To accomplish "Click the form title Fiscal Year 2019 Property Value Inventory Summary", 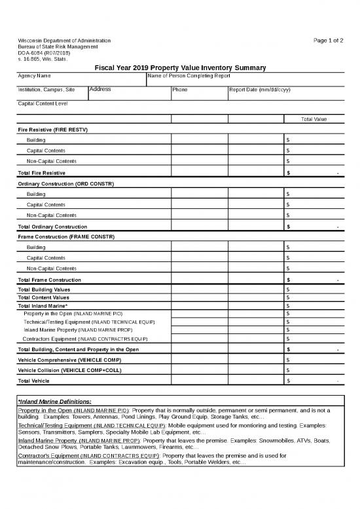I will [x=180, y=67].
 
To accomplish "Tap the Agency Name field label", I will [x=34, y=76].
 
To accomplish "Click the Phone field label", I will [x=179, y=90].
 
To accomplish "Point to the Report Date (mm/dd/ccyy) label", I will [x=261, y=90].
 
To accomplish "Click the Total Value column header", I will [x=314, y=119].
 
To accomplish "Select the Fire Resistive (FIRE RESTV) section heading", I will [x=52, y=130].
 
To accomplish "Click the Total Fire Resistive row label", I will [x=41, y=172].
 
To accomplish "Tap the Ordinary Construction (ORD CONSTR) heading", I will [x=65, y=183].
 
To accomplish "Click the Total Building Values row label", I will [x=43, y=290].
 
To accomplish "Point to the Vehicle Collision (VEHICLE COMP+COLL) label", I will [x=70, y=370].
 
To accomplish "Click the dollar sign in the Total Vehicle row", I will [x=289, y=381].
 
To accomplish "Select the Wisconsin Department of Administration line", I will [x=64, y=41].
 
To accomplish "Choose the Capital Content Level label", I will [x=43, y=104].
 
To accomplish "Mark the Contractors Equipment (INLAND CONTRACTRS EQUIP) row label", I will [x=84, y=339].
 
